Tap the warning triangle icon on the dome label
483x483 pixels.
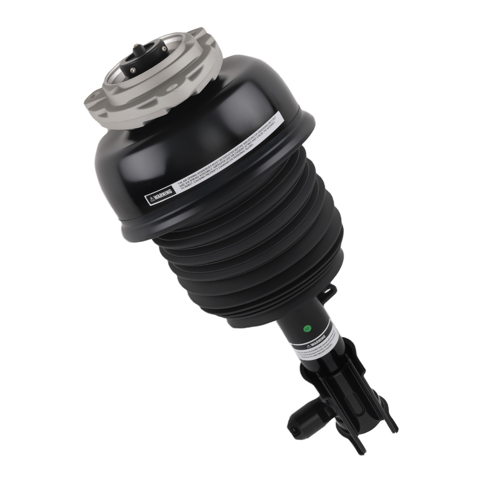coord(152,198)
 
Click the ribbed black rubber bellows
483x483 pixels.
coord(251,256)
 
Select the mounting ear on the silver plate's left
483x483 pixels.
coord(94,99)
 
